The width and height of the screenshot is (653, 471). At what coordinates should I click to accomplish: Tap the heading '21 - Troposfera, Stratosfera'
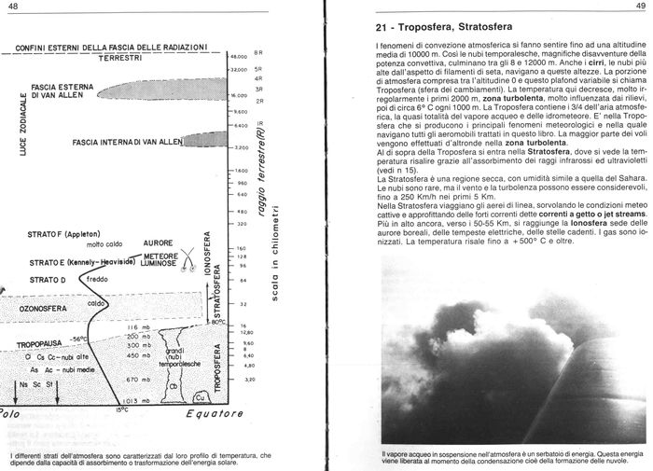[x=447, y=29]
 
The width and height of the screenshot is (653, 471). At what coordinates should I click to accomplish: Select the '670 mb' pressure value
[x=139, y=379]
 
